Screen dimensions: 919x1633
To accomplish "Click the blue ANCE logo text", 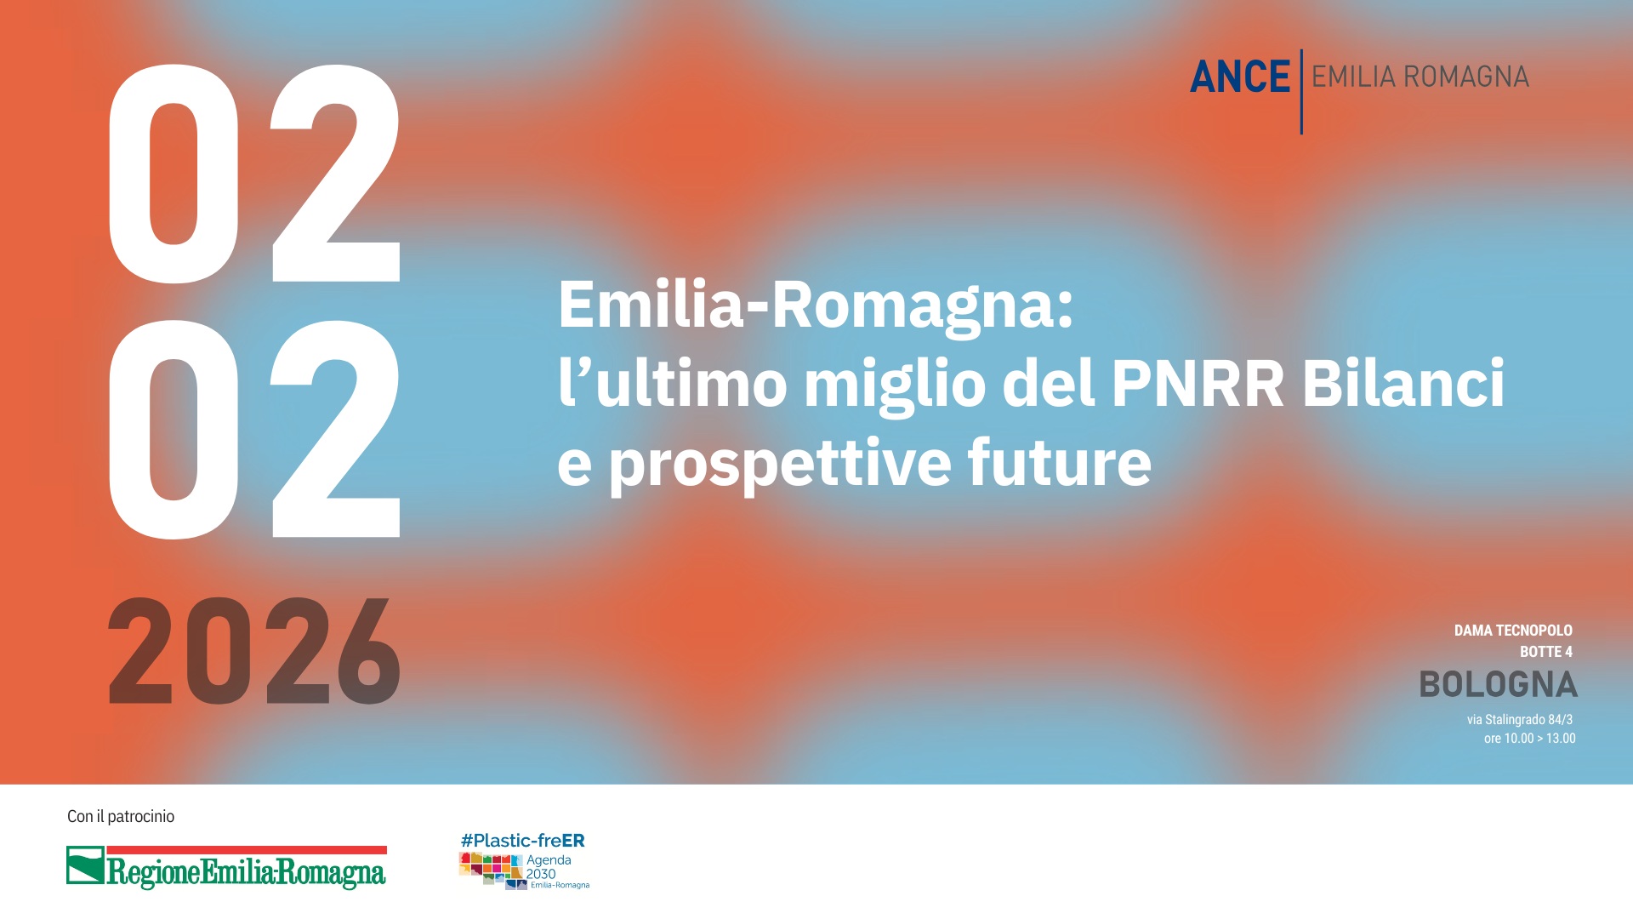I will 1239,77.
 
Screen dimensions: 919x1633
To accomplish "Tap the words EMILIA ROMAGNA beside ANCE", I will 1420,77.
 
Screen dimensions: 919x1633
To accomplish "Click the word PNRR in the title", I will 1198,384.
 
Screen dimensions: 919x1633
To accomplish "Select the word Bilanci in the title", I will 1403,384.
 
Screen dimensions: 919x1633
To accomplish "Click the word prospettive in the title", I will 779,464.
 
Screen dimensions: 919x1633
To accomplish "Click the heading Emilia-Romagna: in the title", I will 816,305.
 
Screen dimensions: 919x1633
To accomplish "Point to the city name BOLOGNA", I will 1498,685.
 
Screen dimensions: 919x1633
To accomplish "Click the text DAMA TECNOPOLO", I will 1512,631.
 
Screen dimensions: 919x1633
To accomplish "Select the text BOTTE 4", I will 1545,652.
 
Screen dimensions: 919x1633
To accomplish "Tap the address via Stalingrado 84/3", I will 1519,720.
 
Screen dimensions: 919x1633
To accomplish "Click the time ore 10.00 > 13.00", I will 1529,739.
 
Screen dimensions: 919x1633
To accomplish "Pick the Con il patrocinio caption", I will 121,817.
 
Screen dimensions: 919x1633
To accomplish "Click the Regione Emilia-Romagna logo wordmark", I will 246,872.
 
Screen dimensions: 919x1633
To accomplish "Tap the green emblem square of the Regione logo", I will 85,865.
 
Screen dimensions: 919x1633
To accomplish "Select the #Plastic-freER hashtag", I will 522,841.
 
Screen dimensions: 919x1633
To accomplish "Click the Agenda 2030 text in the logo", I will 548,867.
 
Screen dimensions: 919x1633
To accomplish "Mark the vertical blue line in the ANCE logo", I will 1301,92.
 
